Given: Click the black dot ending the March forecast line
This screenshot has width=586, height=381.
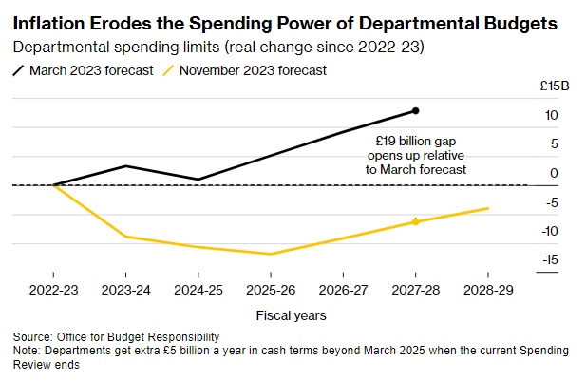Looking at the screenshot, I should point(415,111).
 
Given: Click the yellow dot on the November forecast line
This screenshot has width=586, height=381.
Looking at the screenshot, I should point(415,221).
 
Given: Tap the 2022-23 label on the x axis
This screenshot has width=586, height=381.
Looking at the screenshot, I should point(53,290).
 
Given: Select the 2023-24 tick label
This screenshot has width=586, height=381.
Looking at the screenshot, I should point(126,290).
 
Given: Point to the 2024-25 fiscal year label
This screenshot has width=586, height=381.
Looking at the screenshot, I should point(198,290).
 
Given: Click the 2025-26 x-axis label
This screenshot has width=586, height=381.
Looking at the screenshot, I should point(271,290).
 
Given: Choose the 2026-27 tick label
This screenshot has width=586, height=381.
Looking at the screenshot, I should point(343,290).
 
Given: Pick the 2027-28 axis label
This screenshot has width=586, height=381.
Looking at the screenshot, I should point(415,290).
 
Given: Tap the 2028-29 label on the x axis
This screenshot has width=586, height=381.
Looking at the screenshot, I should point(487,290).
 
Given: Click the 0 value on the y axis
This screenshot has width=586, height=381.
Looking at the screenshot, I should point(553,173).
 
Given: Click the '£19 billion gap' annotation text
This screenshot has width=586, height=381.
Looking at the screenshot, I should point(419,139).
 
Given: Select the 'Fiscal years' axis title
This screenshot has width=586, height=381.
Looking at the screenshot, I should point(291,314).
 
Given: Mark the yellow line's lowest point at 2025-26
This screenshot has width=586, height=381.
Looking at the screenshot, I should point(271,254).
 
